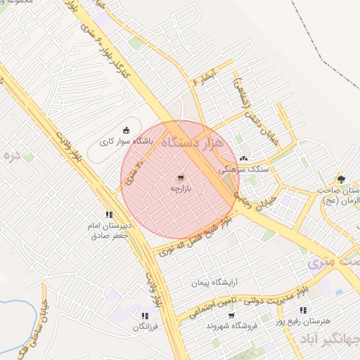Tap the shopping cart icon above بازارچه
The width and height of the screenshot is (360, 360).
pyautogui.click(x=181, y=178)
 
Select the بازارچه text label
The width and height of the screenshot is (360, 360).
pyautogui.click(x=181, y=189)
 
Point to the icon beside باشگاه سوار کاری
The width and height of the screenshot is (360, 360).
pyautogui.click(x=127, y=129)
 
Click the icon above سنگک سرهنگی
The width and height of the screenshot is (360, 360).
pyautogui.click(x=243, y=159)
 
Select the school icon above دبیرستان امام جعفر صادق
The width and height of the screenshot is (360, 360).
pyautogui.click(x=108, y=214)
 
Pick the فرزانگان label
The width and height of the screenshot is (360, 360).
pyautogui.click(x=144, y=327)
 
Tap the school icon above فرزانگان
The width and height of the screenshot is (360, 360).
pyautogui.click(x=144, y=316)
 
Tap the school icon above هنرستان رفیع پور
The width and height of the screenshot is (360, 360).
pyautogui.click(x=303, y=310)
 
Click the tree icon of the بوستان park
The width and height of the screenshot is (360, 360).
pyautogui.click(x=341, y=179)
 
